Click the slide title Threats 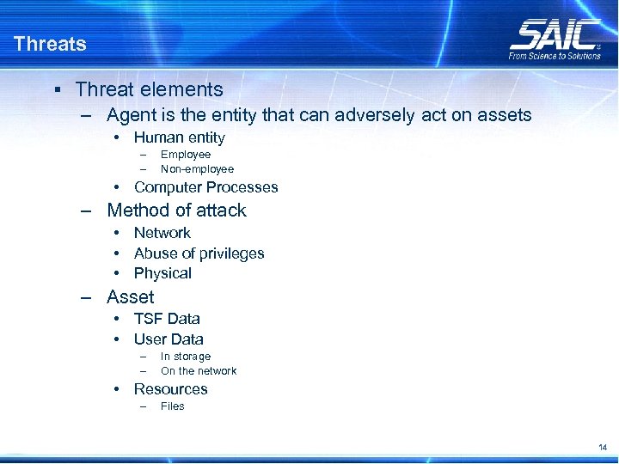pyautogui.click(x=50, y=44)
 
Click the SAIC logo pyautogui.click(x=555, y=34)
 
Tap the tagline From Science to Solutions pyautogui.click(x=555, y=56)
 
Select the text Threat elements pyautogui.click(x=149, y=89)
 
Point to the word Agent pyautogui.click(x=131, y=115)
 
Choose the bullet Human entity pyautogui.click(x=179, y=137)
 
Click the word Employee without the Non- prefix pyautogui.click(x=186, y=155)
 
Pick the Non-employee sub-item pyautogui.click(x=197, y=169)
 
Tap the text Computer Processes pyautogui.click(x=205, y=187)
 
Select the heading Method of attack pyautogui.click(x=176, y=211)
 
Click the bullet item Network pyautogui.click(x=162, y=233)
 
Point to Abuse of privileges pyautogui.click(x=199, y=253)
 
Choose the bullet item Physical pyautogui.click(x=162, y=273)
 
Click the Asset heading pyautogui.click(x=131, y=297)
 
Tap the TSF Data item pyautogui.click(x=167, y=319)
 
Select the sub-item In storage pyautogui.click(x=185, y=357)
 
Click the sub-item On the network pyautogui.click(x=199, y=371)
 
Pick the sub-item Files pyautogui.click(x=172, y=406)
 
